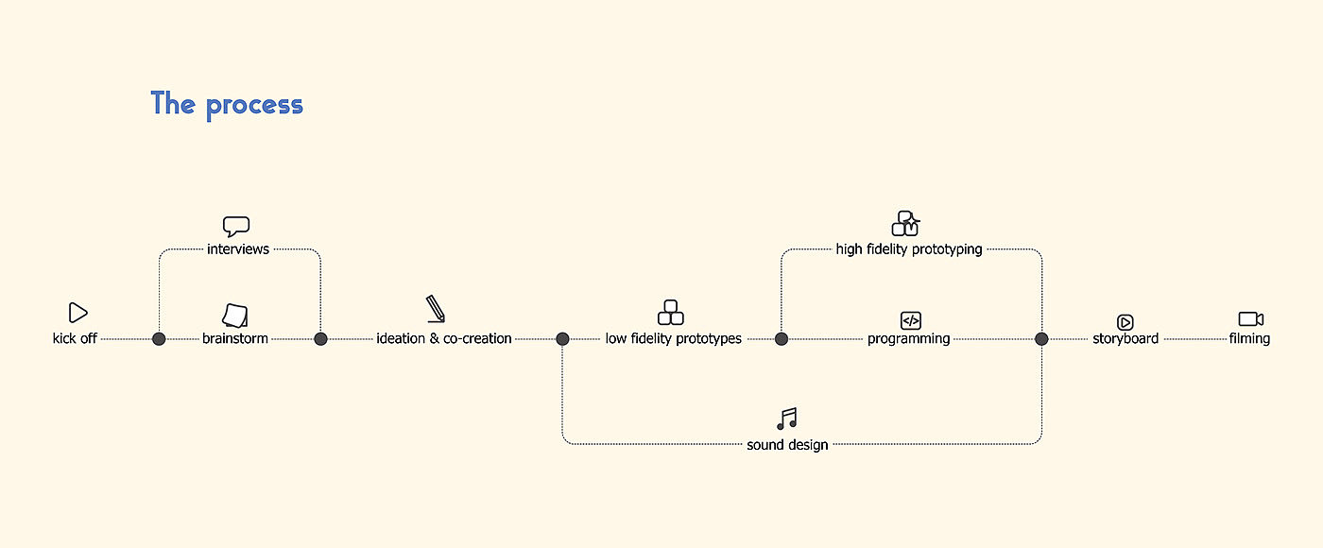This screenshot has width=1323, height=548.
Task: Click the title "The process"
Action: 227,104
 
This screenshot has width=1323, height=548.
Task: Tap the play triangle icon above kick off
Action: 78,313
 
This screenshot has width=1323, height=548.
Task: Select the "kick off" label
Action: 75,338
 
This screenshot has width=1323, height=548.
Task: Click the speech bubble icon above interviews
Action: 236,227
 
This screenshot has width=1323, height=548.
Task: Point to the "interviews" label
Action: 238,249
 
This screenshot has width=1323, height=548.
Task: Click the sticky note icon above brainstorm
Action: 235,315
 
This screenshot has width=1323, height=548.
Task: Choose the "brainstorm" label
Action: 235,338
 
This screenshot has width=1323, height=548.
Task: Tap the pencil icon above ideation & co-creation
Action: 436,309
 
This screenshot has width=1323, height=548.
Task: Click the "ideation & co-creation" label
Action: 444,338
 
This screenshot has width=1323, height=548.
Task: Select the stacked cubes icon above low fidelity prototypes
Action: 671,312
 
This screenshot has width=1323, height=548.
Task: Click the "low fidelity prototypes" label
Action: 674,338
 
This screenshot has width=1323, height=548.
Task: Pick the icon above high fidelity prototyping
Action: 905,224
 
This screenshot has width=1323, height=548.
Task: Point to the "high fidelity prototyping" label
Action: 909,249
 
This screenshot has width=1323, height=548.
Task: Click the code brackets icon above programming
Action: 910,320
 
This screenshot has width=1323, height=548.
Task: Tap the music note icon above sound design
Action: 787,420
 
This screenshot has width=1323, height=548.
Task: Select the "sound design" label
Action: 787,445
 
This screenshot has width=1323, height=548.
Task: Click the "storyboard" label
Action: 1125,338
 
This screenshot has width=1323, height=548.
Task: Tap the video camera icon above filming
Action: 1250,319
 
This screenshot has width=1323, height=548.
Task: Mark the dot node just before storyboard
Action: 1041,339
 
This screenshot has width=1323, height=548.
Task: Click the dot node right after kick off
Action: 159,339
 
